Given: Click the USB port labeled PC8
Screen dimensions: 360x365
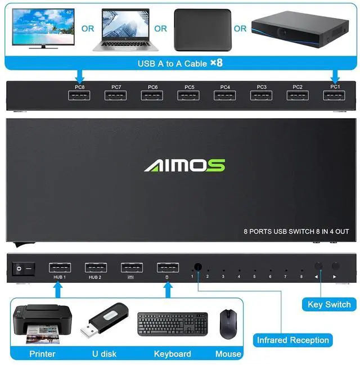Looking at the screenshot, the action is pos(79,96).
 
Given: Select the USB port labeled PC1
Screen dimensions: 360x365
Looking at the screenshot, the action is pos(335,96).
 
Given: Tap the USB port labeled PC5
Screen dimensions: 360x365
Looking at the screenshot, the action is pos(188,96).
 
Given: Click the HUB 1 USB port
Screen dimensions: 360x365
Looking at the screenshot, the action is pos(60,268).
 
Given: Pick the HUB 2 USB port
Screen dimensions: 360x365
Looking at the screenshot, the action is pos(96,268).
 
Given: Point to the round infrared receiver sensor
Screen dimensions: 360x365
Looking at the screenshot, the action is pos(198,268).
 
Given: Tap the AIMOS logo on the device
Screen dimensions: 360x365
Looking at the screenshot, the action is pos(184,165).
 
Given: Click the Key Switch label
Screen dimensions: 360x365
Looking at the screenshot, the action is pos(329,305).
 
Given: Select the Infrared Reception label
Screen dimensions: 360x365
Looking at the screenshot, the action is pos(292,340).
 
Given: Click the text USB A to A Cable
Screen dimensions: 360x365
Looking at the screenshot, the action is pos(172,64).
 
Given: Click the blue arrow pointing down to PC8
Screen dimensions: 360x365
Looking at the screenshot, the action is pos(79,75).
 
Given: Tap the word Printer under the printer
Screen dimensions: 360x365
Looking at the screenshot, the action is pos(42,354).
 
